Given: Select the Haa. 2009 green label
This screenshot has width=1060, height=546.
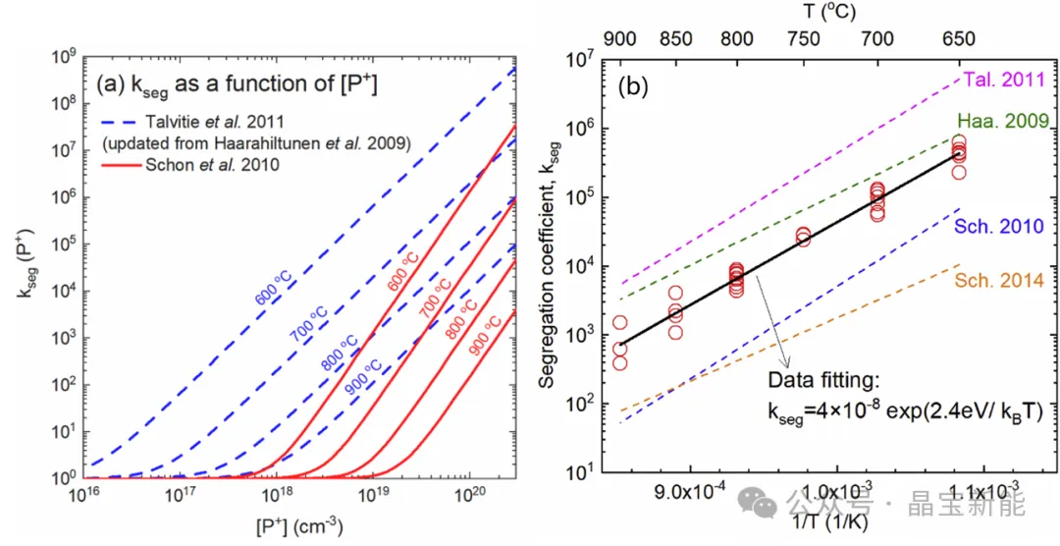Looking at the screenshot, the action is [x=1002, y=121].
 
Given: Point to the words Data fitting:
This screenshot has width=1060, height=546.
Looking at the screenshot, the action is [x=822, y=380].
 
